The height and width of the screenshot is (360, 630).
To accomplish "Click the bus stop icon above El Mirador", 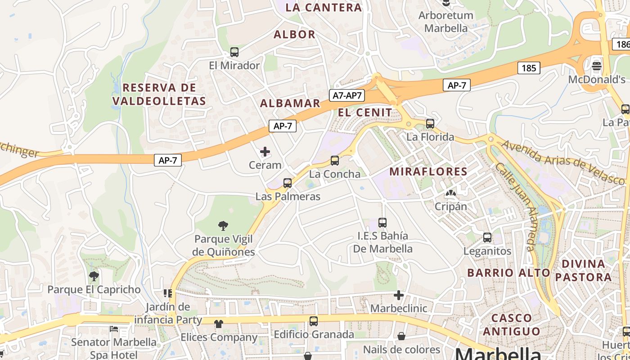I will [x=234, y=52].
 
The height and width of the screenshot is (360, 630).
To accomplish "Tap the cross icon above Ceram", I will [x=265, y=152].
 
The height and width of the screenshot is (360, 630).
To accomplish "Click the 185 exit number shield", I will [x=529, y=68].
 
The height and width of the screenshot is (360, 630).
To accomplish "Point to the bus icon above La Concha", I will [x=334, y=160].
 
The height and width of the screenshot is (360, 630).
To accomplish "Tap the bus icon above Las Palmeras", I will [x=288, y=183].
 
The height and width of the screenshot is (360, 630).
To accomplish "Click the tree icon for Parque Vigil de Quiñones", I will [x=223, y=225].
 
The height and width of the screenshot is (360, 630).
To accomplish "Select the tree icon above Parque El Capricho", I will [x=94, y=276].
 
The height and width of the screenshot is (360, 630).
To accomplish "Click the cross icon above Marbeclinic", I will [x=399, y=295].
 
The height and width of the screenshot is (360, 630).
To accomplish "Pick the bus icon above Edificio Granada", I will [x=314, y=321].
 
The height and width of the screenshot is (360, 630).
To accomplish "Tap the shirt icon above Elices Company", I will [x=219, y=324].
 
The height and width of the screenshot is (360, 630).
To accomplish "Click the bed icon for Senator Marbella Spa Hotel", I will [x=114, y=329].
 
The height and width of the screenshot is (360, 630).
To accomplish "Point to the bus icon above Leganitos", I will [x=487, y=237].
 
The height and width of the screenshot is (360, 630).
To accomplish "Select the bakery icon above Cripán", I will [x=450, y=193].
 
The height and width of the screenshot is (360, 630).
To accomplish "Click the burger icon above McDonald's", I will [x=597, y=66].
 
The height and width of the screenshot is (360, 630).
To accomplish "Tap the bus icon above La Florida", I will [x=430, y=123].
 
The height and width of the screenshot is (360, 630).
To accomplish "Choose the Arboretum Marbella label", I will [x=446, y=22].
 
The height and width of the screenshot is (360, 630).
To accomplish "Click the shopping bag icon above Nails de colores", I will [x=401, y=336].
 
